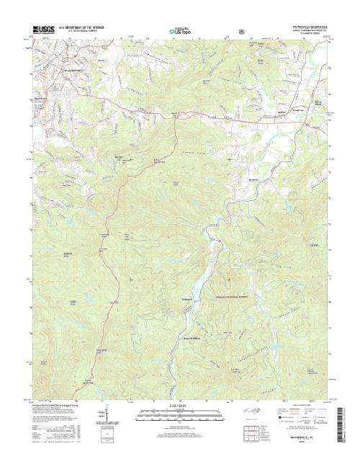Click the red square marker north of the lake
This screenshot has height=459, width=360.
(x=215, y=236)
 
